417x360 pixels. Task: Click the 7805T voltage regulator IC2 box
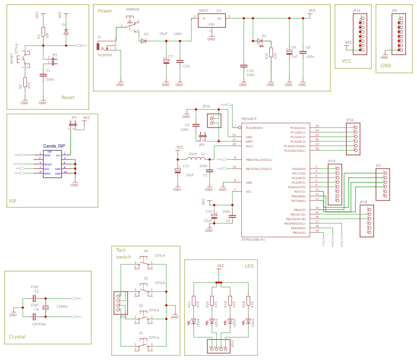211,21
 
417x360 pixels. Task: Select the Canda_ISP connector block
52,164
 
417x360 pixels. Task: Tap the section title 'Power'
105,11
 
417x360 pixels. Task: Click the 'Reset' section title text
68,98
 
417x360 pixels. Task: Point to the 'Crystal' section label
17,337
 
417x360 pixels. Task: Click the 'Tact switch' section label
124,253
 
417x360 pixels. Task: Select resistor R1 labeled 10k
43,32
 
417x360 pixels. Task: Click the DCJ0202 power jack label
105,55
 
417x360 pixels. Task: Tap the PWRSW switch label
133,9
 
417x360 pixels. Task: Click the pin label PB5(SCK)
299,232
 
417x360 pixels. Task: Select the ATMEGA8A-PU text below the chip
253,239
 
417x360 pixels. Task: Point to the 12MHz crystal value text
62,307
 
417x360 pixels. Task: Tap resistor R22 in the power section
271,53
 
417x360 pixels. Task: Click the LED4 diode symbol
194,321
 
